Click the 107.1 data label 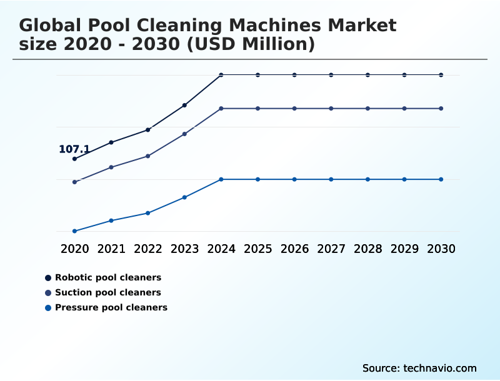pyautogui.click(x=74, y=149)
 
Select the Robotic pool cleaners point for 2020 pyautogui.click(x=74, y=159)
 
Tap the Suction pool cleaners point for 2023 pyautogui.click(x=184, y=134)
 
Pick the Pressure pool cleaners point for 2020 pyautogui.click(x=74, y=231)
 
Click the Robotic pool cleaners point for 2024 pyautogui.click(x=221, y=75)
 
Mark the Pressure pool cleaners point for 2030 pyautogui.click(x=441, y=179)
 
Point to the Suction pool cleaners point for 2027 pyautogui.click(x=331, y=109)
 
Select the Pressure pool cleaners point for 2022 pyautogui.click(x=148, y=213)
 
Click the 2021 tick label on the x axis pyautogui.click(x=111, y=249)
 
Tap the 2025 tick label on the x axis pyautogui.click(x=257, y=249)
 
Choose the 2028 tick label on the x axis pyautogui.click(x=367, y=249)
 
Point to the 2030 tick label pyautogui.click(x=441, y=249)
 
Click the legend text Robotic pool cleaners pyautogui.click(x=108, y=277)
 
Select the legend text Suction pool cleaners pyautogui.click(x=108, y=292)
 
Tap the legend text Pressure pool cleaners pyautogui.click(x=111, y=307)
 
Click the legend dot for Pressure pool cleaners pyautogui.click(x=48, y=307)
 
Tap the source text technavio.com pyautogui.click(x=440, y=368)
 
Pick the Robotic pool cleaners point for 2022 pyautogui.click(x=148, y=129)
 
